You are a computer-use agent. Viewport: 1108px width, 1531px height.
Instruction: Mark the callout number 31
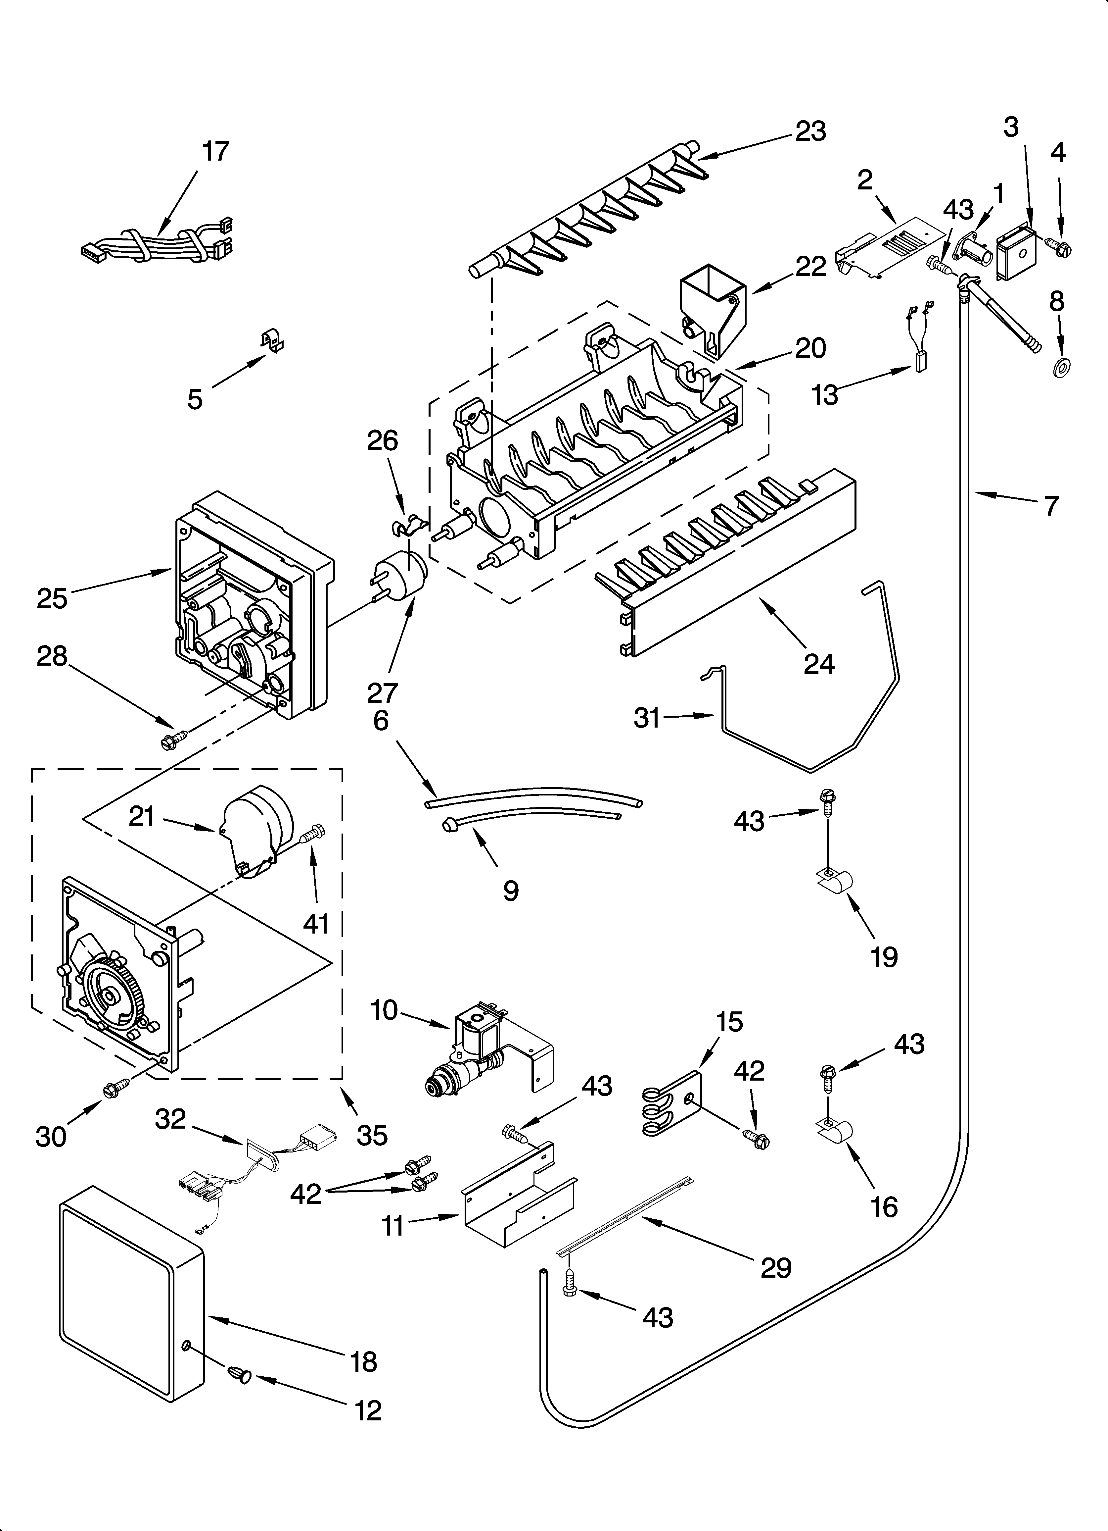pos(646,718)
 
